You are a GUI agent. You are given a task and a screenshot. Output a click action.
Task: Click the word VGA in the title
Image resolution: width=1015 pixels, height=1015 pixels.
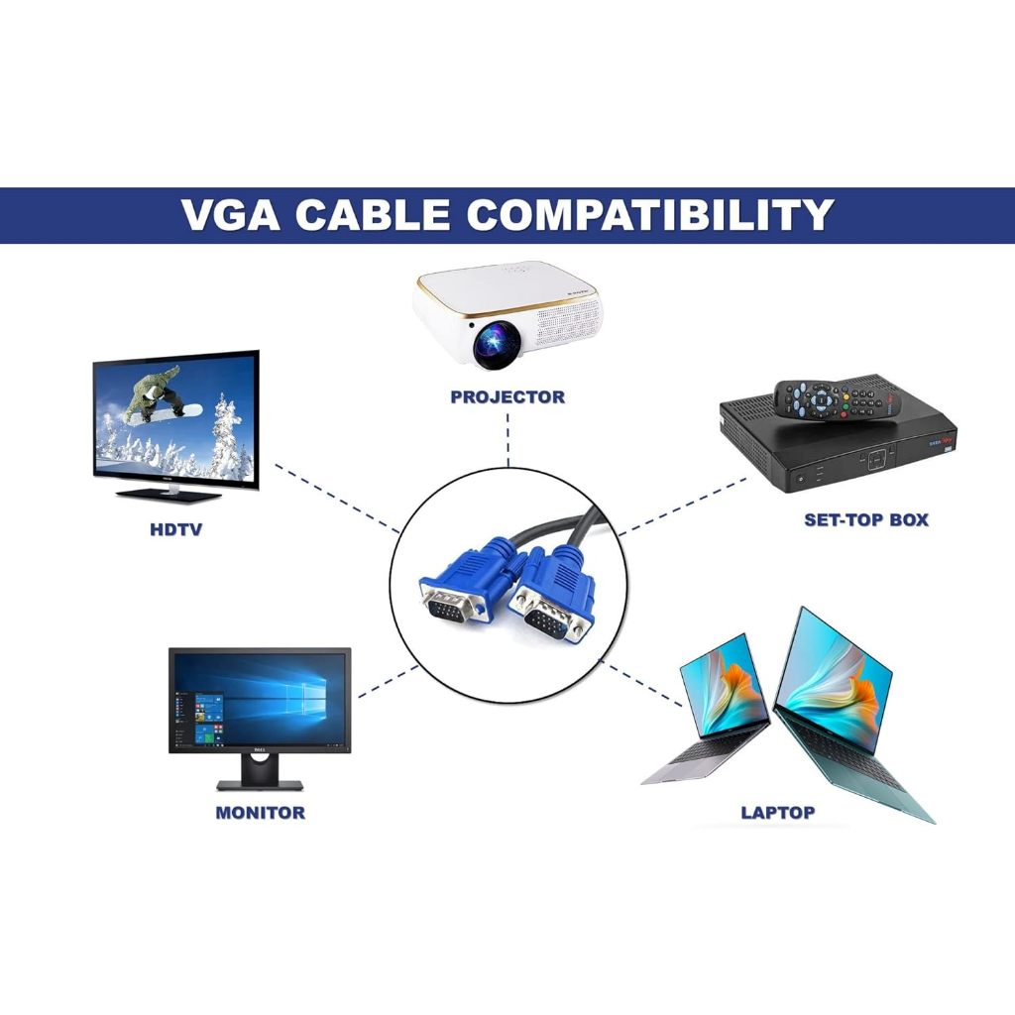point(230,215)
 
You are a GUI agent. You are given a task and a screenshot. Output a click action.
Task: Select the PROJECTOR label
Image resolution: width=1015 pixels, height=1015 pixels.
point(507,397)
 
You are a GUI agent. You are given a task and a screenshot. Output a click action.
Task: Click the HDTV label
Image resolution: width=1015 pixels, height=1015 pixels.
point(175,529)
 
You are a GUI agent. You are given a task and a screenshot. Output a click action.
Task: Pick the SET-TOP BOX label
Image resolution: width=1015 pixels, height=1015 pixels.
point(865,519)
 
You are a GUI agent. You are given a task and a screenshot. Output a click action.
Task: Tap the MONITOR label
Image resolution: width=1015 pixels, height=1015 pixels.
point(260,813)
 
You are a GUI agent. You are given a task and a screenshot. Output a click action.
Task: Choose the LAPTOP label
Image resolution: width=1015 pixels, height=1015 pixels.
point(778,813)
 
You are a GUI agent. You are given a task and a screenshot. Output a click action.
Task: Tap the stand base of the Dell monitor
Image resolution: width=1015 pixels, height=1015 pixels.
point(260,785)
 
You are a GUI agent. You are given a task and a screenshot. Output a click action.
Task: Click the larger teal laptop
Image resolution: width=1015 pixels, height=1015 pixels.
point(843,714)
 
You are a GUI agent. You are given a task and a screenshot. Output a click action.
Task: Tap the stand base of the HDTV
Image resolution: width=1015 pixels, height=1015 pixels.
point(169,494)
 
